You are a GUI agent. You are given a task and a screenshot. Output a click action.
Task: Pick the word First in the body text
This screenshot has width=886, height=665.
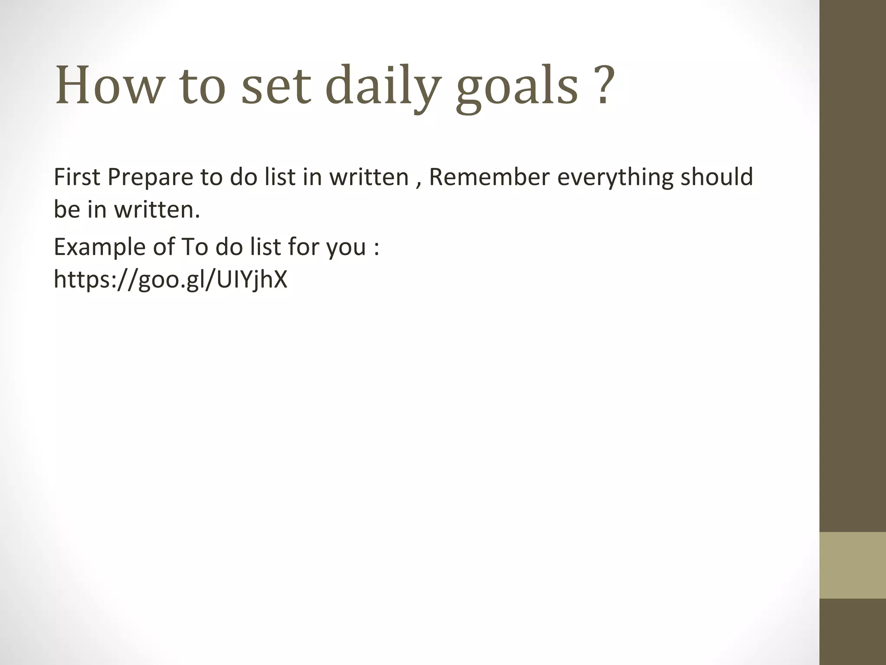point(77,177)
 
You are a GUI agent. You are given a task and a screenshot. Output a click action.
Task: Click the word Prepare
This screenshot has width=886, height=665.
point(150,178)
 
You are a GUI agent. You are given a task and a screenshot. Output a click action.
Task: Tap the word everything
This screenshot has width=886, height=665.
point(615,178)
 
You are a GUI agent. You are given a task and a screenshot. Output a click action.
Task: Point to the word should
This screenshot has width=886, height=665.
point(717,177)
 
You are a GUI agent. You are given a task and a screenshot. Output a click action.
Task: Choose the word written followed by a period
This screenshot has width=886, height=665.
point(157,210)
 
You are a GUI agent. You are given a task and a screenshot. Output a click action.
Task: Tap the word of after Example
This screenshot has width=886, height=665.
point(164,247)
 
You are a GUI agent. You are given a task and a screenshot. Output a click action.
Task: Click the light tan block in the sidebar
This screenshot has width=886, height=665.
point(853,565)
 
